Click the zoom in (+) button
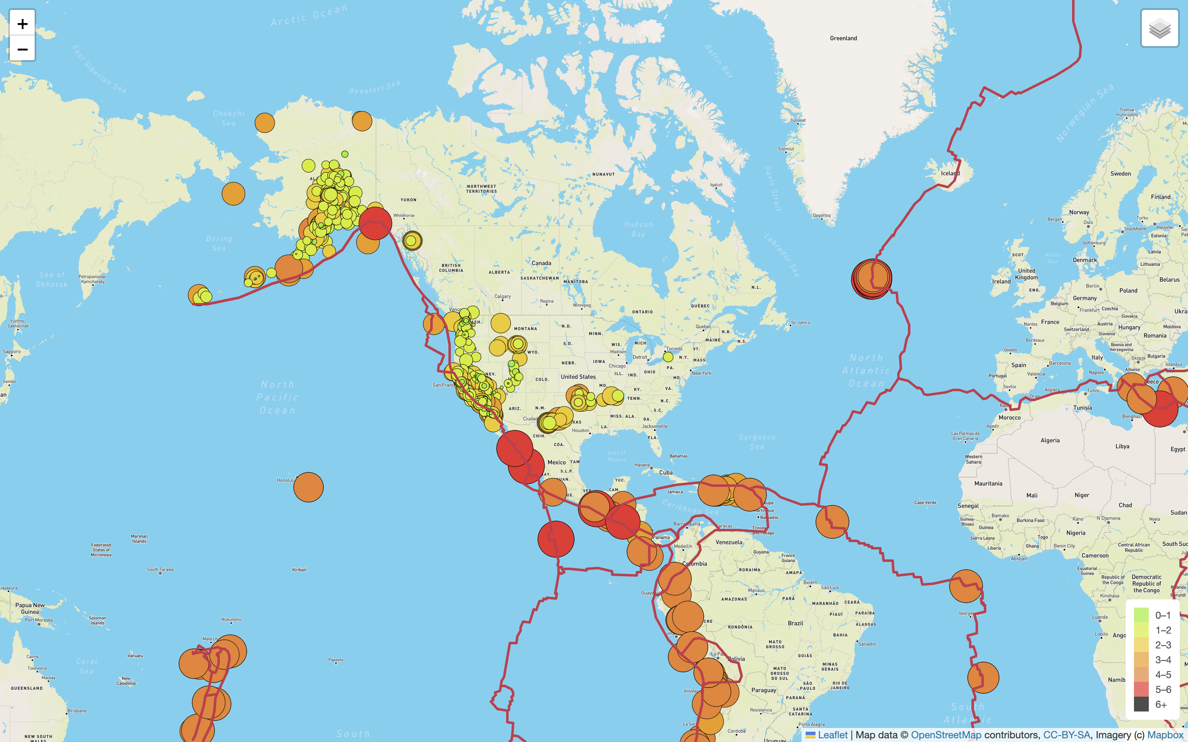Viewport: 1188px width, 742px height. pyautogui.click(x=23, y=23)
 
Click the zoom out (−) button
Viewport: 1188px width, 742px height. pyautogui.click(x=23, y=49)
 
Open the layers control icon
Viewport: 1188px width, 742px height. pyautogui.click(x=1160, y=28)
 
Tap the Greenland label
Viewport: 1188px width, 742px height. pyautogui.click(x=843, y=38)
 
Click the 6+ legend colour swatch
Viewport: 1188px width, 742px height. pyautogui.click(x=1141, y=704)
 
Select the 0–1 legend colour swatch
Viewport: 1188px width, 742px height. pyautogui.click(x=1141, y=615)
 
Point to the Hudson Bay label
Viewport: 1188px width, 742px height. pyautogui.click(x=638, y=229)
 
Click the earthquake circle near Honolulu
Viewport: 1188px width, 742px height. pyautogui.click(x=308, y=487)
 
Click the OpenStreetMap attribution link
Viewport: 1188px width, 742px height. pyautogui.click(x=945, y=735)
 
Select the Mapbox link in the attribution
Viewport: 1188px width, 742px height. pyautogui.click(x=1165, y=735)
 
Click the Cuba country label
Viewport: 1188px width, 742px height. pyautogui.click(x=666, y=472)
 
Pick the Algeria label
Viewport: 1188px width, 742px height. pyautogui.click(x=1049, y=440)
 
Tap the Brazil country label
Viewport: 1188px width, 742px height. pyautogui.click(x=795, y=623)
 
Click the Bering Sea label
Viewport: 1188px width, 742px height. pyautogui.click(x=219, y=243)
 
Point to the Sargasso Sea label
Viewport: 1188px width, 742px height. pyautogui.click(x=757, y=441)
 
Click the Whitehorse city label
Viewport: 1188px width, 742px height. pyautogui.click(x=404, y=216)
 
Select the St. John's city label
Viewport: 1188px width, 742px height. pyautogui.click(x=800, y=322)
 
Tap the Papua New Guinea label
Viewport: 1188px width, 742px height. pyautogui.click(x=30, y=608)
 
